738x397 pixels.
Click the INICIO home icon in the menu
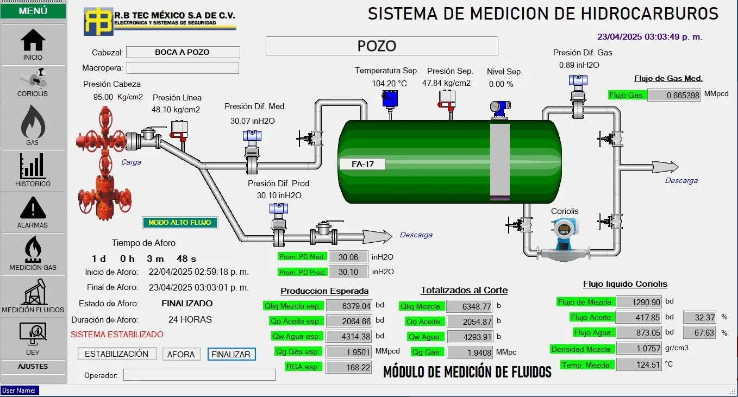(33, 41)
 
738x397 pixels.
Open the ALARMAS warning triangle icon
(33, 208)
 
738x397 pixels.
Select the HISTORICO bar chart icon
(33, 166)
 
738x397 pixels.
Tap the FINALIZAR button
(231, 354)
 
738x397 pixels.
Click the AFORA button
(181, 354)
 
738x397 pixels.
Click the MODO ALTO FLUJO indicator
(180, 222)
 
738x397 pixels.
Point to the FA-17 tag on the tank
(362, 164)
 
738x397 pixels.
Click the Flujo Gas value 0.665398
(674, 96)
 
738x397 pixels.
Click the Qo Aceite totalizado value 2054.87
(469, 322)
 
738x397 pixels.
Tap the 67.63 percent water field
(699, 332)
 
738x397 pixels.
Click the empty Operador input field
(199, 375)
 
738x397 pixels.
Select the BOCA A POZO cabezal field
(183, 52)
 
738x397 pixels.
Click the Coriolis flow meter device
(565, 239)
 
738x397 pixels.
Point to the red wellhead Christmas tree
(101, 163)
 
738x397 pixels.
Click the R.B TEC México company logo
(98, 21)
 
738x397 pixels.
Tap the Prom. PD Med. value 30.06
(348, 257)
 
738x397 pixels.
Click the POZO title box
(381, 46)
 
